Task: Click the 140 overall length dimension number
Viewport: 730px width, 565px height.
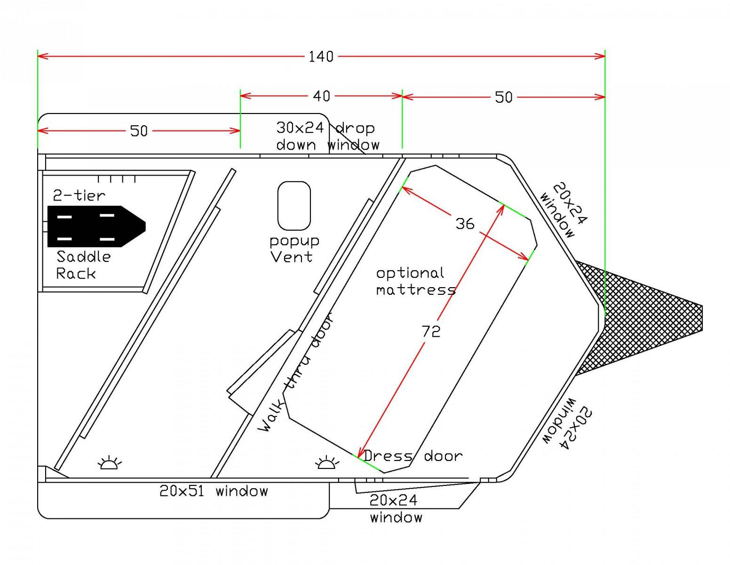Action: point(321,56)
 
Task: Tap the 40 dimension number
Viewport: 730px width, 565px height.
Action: point(322,96)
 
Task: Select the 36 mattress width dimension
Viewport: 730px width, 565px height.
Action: point(465,224)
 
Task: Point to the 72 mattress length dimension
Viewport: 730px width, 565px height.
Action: point(431,332)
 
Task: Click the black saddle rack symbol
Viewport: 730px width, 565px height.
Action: point(96,226)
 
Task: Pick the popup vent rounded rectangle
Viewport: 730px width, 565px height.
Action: point(294,206)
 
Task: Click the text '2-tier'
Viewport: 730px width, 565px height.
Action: point(79,195)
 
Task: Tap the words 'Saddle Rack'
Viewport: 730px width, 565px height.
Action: point(83,265)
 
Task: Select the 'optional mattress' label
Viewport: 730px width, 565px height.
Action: point(416,282)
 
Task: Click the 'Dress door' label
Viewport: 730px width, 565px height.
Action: point(413,456)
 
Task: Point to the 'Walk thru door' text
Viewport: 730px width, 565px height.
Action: point(296,372)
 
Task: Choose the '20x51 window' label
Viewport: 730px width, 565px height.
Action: point(214,491)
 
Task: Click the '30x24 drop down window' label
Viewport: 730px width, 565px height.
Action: point(327,137)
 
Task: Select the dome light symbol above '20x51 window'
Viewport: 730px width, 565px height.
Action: point(110,462)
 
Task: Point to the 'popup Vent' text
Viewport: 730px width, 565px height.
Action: point(294,249)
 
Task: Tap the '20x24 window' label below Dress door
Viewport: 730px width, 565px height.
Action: point(396,508)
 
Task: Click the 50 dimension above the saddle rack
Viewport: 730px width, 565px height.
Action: point(139,131)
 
